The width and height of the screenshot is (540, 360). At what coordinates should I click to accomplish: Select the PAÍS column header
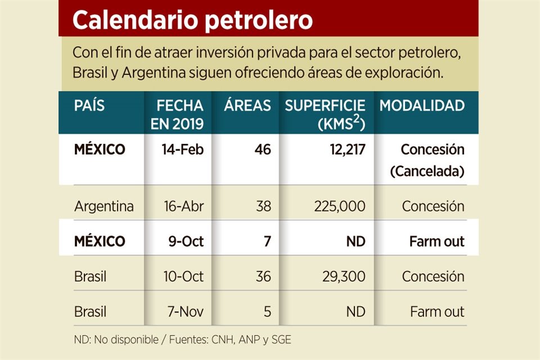pos(89,105)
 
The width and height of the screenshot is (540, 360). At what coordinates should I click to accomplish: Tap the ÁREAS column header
pos(247,105)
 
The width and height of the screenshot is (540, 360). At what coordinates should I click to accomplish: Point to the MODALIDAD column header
pos(422,105)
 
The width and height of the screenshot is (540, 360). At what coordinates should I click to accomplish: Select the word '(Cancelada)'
pos(427,171)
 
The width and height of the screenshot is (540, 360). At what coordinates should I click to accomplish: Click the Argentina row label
pos(104,206)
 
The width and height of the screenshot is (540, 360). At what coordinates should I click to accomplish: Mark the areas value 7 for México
pos(267,241)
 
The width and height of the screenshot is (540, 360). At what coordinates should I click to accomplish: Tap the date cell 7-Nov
pos(182,312)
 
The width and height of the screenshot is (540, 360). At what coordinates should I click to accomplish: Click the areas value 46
pos(262,150)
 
